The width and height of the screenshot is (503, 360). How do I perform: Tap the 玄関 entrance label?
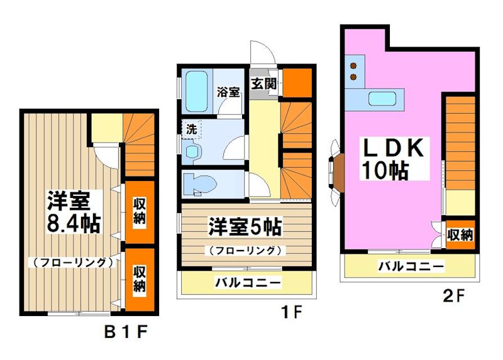coord(264,84)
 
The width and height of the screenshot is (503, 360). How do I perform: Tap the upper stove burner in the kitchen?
coord(353,65)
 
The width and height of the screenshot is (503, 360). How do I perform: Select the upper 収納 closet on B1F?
coord(138,212)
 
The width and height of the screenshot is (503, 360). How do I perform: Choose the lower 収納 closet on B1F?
coord(138,278)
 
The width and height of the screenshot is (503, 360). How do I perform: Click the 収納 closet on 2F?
coord(459,234)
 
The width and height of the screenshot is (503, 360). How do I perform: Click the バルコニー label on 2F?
coord(411,266)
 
